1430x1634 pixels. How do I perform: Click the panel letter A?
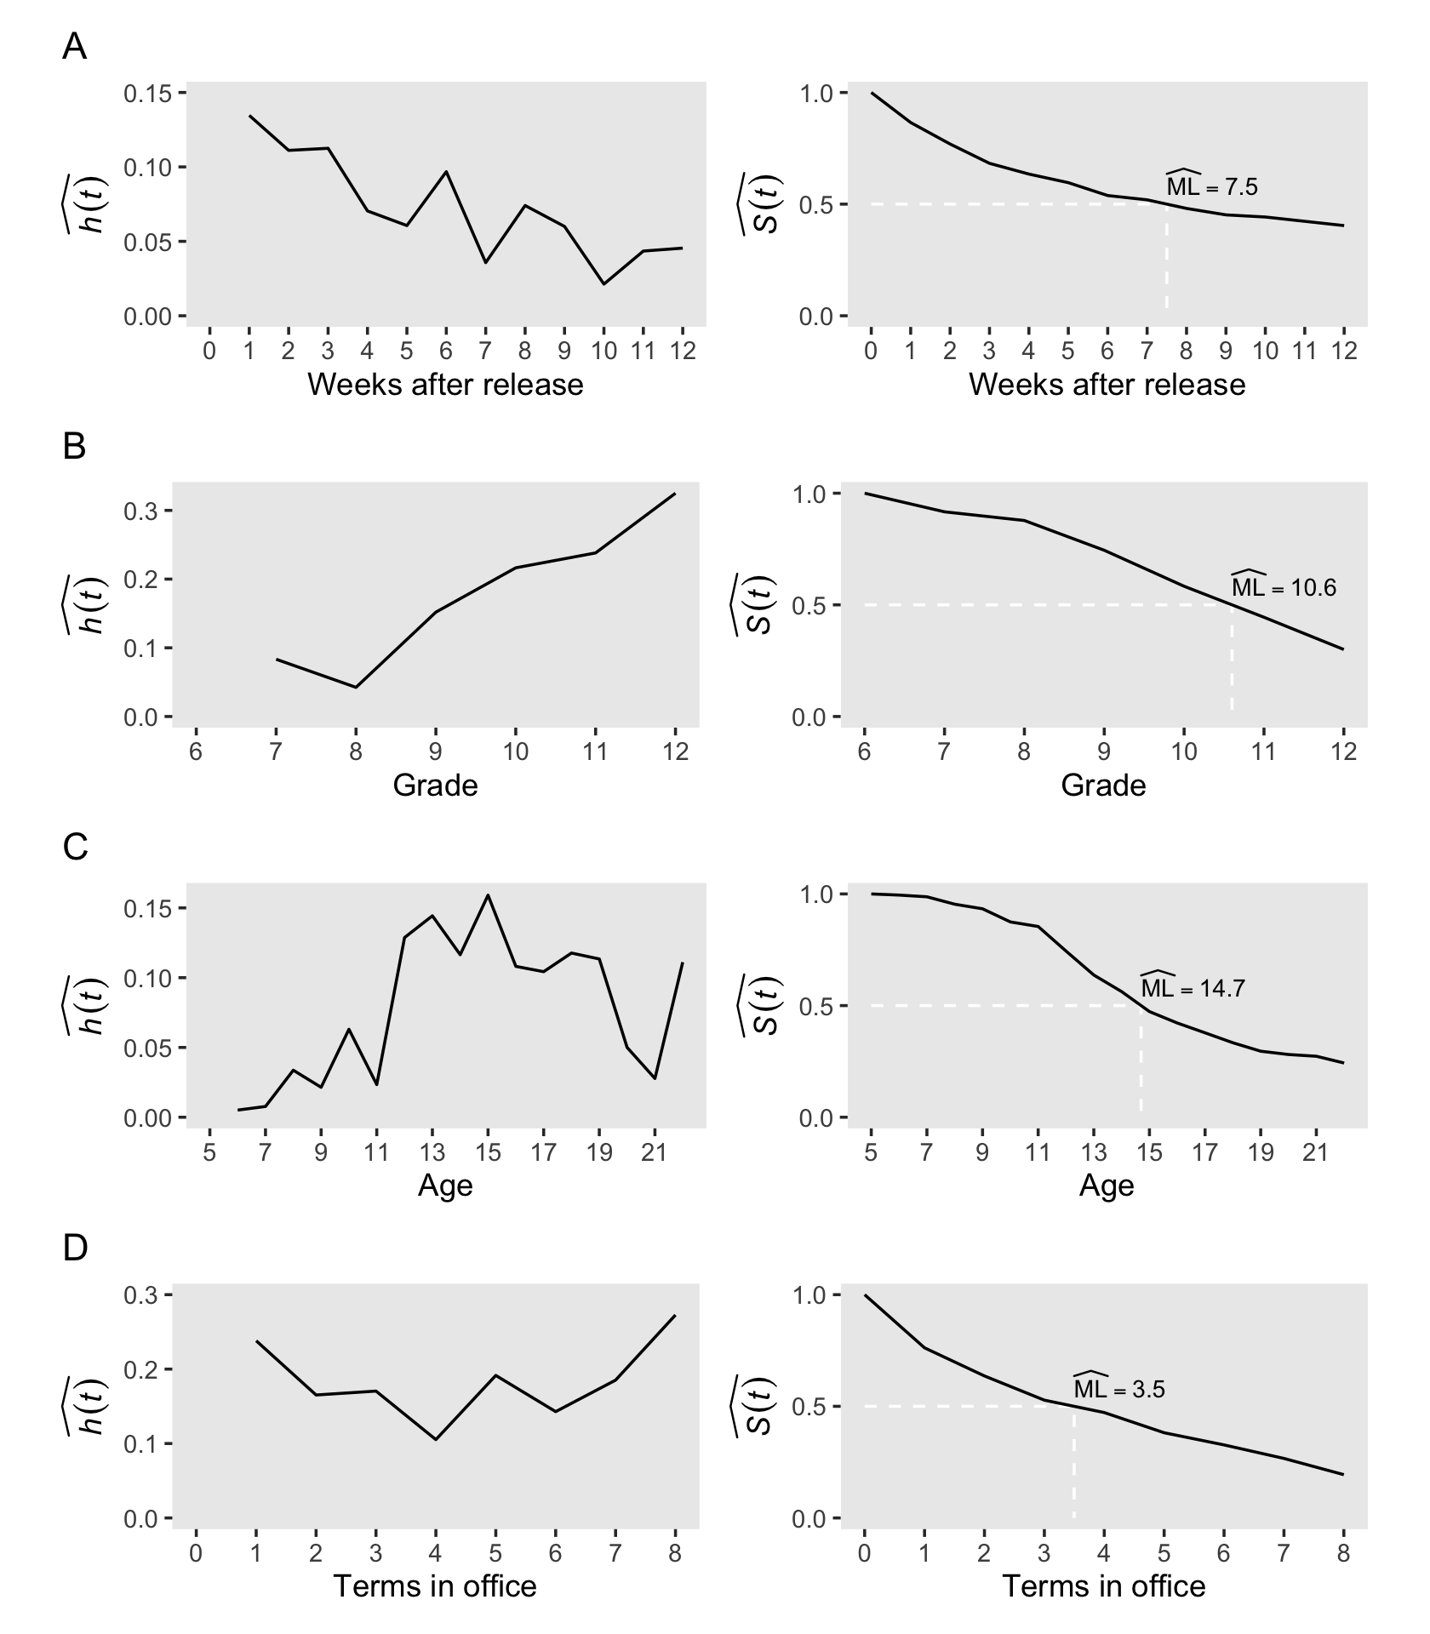74,48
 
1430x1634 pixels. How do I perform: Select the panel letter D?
75,1248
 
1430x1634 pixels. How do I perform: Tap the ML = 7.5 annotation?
1210,186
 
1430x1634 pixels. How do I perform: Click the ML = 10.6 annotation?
1283,586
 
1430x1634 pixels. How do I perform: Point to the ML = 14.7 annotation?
1192,987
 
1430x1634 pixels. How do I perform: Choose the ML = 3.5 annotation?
1118,1388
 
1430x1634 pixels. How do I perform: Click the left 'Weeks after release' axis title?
445,385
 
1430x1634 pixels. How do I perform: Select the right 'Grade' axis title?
1103,785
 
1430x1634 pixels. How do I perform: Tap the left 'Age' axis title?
445,1186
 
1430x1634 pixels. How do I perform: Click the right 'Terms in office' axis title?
1103,1586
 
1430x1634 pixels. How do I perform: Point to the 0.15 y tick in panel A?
148,93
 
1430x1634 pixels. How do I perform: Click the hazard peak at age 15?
489,895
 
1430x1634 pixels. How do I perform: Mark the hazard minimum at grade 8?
356,687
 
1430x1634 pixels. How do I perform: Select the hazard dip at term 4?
436,1440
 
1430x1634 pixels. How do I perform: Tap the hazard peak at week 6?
446,172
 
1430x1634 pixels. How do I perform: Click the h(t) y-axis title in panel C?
89,1006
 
